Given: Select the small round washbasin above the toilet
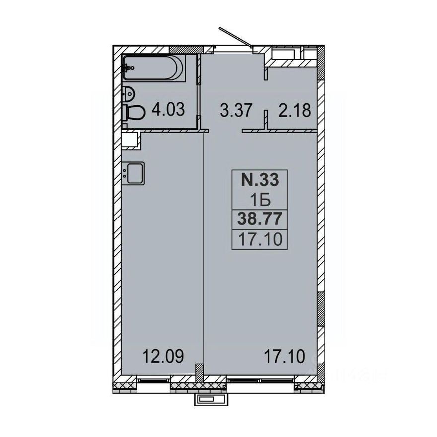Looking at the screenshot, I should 128,93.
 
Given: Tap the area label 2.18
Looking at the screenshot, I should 294,109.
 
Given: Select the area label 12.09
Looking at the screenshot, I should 163,356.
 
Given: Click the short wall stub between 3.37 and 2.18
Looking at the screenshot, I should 266,119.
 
